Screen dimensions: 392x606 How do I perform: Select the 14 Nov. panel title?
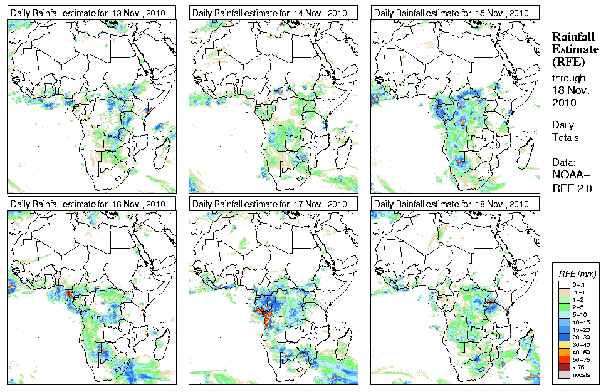click(269, 13)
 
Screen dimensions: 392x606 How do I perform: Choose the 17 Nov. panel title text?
click(269, 204)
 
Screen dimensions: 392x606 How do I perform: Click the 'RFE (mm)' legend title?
click(577, 274)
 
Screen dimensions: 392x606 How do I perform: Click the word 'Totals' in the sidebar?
click(565, 137)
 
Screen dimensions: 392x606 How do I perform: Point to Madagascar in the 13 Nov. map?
click(164, 153)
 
